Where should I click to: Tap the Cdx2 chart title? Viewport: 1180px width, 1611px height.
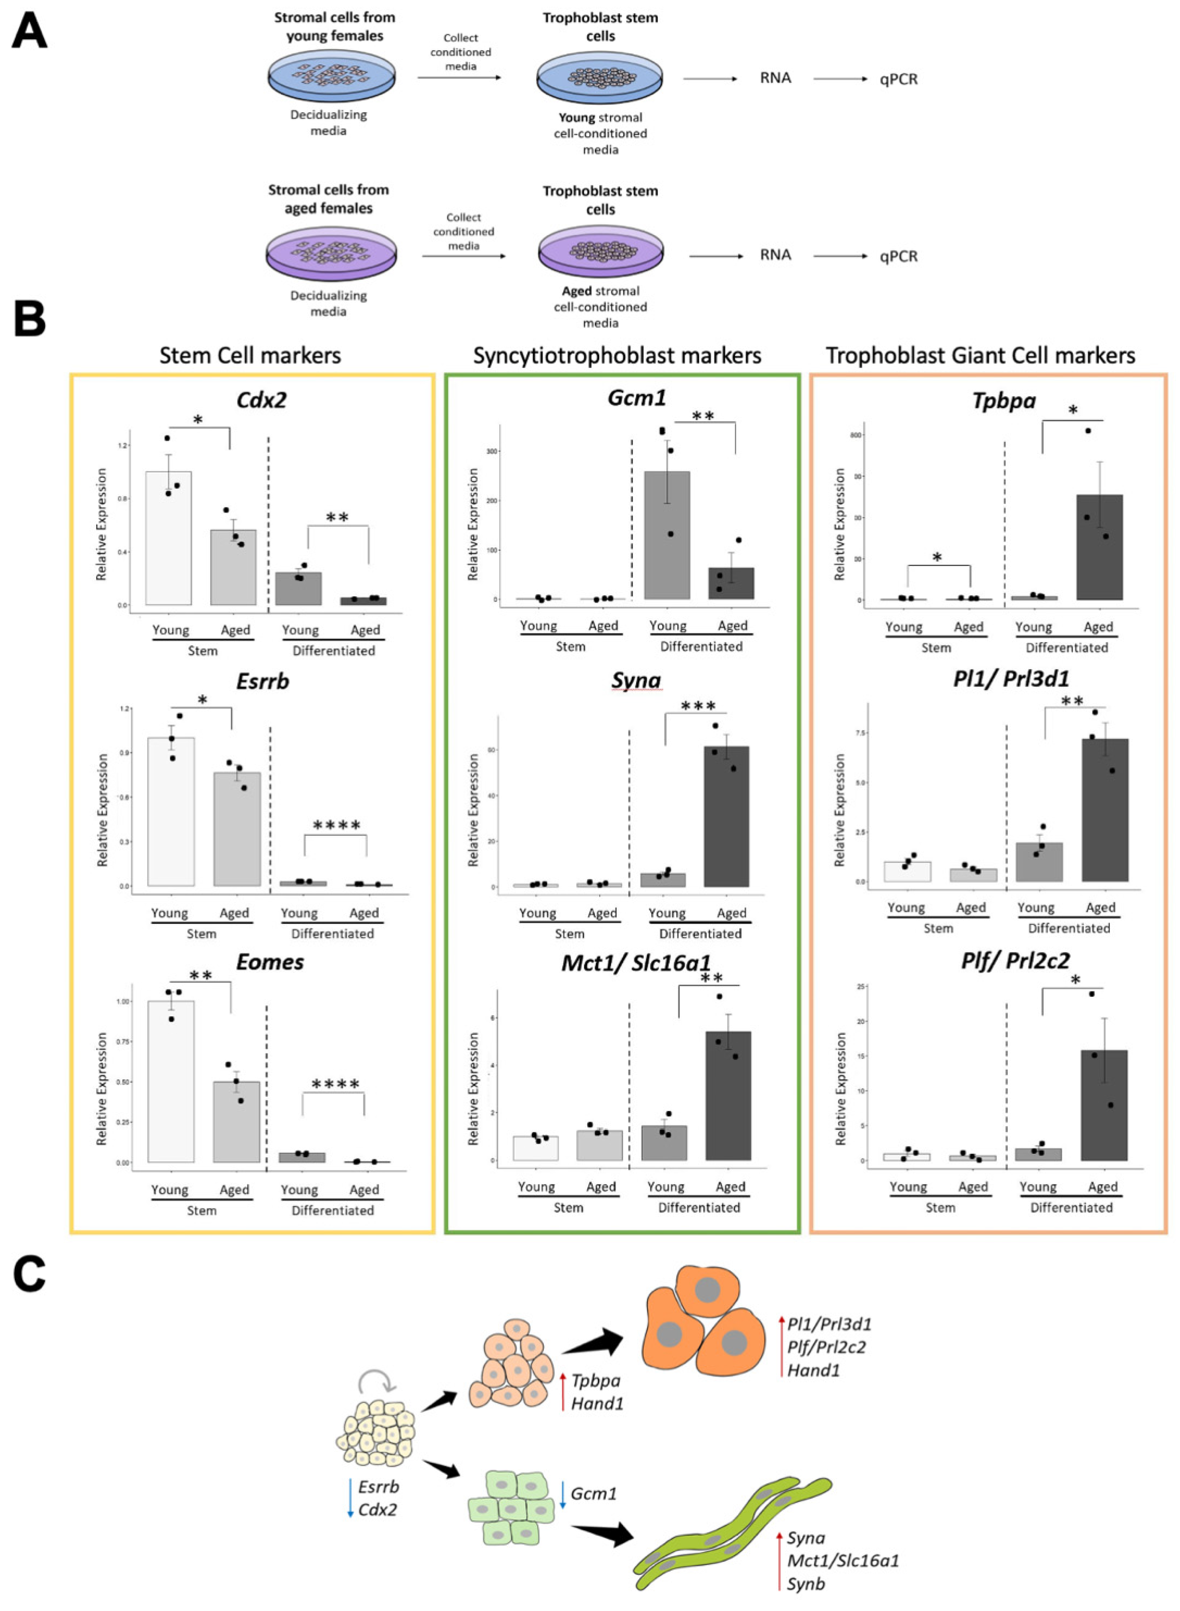pos(261,400)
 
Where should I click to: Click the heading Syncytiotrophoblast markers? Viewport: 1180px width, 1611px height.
pos(617,356)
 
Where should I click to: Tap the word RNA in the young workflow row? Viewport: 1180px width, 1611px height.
pos(775,78)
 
